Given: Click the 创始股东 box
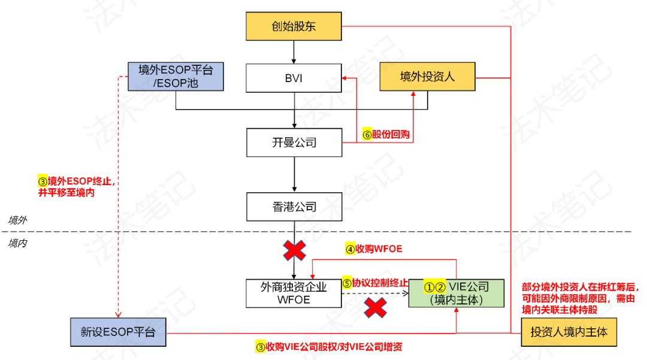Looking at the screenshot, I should (x=294, y=27).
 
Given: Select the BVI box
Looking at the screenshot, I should (x=294, y=77).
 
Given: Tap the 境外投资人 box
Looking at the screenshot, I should (x=427, y=76).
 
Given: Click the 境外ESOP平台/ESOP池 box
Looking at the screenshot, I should (x=176, y=76).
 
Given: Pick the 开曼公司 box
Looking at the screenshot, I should (x=294, y=143).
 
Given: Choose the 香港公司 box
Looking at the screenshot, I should (x=294, y=207).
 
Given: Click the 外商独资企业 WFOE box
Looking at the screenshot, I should (x=294, y=293).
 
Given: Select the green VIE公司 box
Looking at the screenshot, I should (x=456, y=293).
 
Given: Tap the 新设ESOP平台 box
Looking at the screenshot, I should (x=117, y=332).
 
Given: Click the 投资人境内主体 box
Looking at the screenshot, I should (x=569, y=331).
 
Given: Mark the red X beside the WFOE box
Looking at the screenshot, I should (x=375, y=308).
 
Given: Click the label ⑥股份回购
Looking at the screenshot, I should (x=386, y=134).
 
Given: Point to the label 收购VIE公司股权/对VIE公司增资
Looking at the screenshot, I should (x=329, y=347).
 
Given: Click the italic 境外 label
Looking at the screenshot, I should (x=17, y=220).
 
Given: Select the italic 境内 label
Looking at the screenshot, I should (x=17, y=243).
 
